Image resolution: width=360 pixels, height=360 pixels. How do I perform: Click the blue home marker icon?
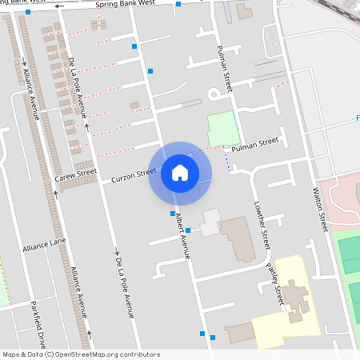point(180,172)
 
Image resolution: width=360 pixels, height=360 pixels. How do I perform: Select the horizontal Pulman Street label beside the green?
point(254,145)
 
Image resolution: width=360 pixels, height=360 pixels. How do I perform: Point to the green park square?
point(223,128)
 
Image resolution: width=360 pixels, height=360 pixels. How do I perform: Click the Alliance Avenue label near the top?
point(32,93)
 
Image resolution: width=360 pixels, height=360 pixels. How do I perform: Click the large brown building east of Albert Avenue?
point(238,237)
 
